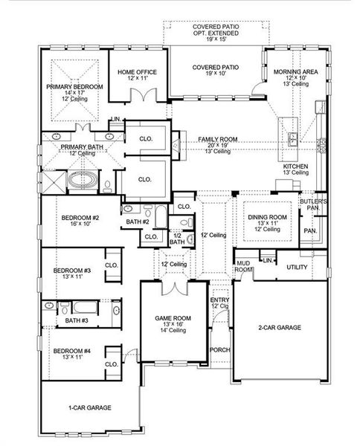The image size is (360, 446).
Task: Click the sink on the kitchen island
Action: pyautogui.click(x=292, y=138)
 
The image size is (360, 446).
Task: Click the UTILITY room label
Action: pyautogui.click(x=298, y=266)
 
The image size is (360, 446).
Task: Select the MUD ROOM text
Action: pyautogui.click(x=242, y=267)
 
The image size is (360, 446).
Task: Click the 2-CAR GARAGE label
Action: pyautogui.click(x=279, y=327)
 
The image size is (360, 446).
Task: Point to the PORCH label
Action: pyautogui.click(x=219, y=349)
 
